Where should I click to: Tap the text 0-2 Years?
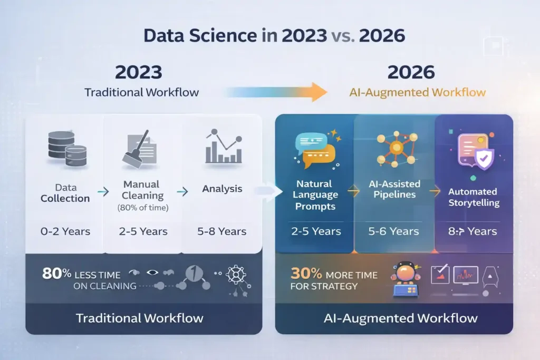click(65, 231)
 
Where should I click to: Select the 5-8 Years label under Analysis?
click(222, 231)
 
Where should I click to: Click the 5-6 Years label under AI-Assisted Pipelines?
click(394, 231)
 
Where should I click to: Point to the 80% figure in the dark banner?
click(57, 274)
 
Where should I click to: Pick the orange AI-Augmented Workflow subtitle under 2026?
click(417, 93)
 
